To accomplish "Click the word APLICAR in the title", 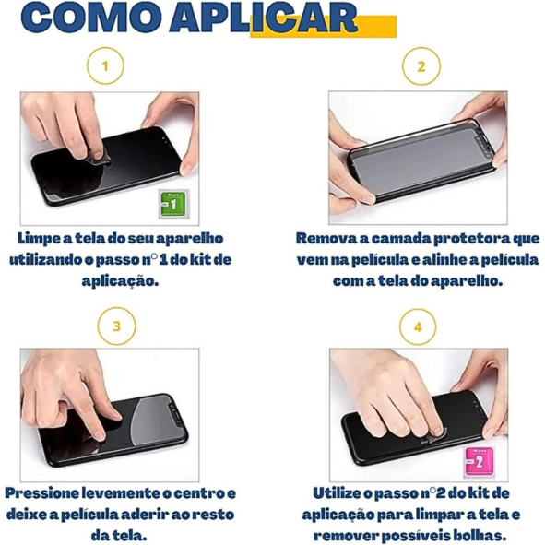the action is [263, 18].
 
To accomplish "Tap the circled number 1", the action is [105, 65].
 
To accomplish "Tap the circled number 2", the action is [421, 66].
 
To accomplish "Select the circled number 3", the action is [116, 326].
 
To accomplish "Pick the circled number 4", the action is [418, 326].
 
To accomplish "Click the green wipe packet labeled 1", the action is [173, 204].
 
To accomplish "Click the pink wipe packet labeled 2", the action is [479, 462].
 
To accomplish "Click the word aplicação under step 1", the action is [120, 281].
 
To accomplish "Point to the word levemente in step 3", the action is [124, 493].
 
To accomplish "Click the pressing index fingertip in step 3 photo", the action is [99, 433].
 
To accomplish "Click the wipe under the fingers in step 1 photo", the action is [99, 159].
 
